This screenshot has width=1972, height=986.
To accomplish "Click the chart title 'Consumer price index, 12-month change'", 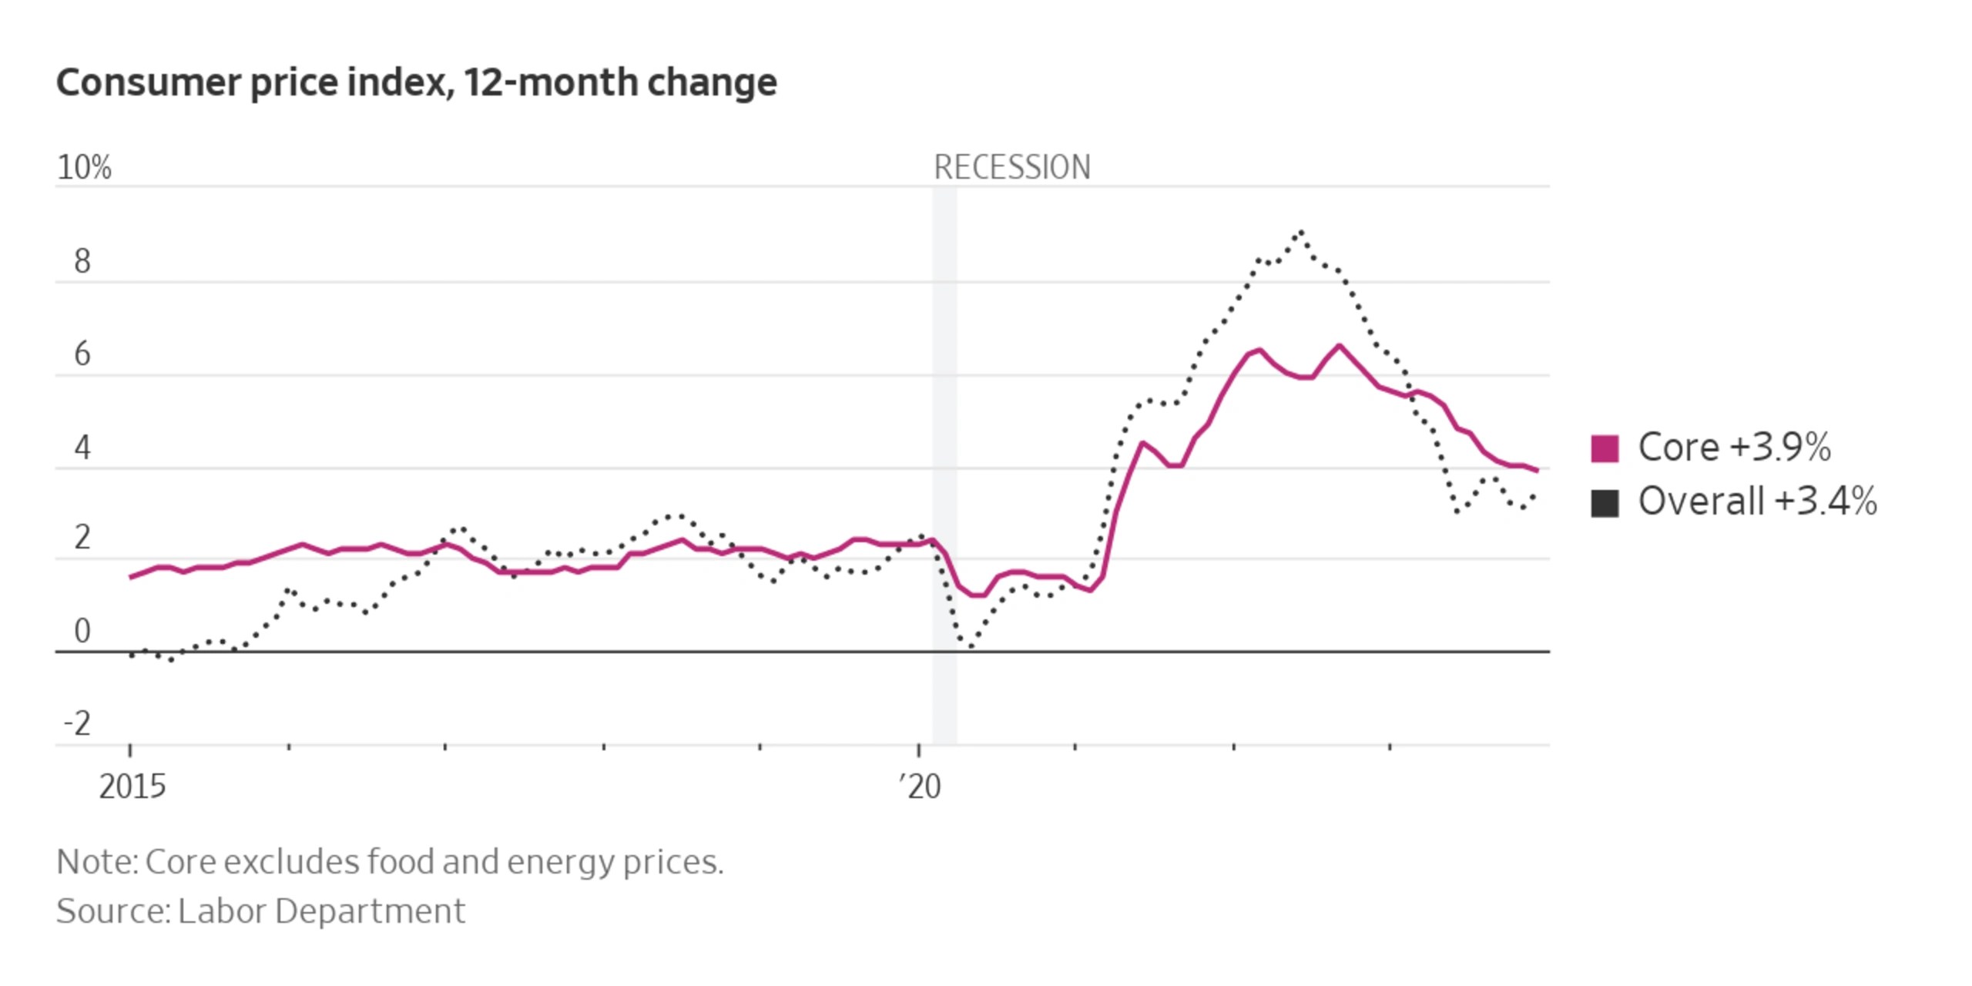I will click(416, 82).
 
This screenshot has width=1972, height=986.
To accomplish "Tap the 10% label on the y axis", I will click(84, 167).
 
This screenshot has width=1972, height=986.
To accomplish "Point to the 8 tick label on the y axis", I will click(82, 262).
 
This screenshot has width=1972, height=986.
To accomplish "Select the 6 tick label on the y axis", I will click(82, 354).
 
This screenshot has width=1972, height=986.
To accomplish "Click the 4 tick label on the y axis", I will click(82, 448).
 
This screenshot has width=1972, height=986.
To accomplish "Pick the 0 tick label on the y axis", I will click(82, 631).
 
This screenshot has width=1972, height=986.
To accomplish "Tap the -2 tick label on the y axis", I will click(77, 724).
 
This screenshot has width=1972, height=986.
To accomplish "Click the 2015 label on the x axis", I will click(132, 786).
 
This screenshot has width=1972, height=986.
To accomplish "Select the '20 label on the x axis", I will click(920, 786).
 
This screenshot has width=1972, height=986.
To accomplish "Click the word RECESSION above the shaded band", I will click(1011, 167).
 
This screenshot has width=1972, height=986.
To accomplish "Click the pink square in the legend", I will click(1605, 448).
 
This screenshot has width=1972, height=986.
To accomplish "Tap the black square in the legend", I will click(1605, 503).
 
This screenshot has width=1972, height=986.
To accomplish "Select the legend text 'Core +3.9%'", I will click(1734, 448).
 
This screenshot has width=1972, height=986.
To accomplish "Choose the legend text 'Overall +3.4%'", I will click(1757, 501).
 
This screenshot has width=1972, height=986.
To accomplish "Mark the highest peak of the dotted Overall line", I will click(1301, 230).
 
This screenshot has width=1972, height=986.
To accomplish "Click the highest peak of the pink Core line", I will click(1339, 346).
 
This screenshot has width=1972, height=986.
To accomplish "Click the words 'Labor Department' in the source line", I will click(321, 911).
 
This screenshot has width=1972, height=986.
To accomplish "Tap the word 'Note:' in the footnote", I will click(97, 862).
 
